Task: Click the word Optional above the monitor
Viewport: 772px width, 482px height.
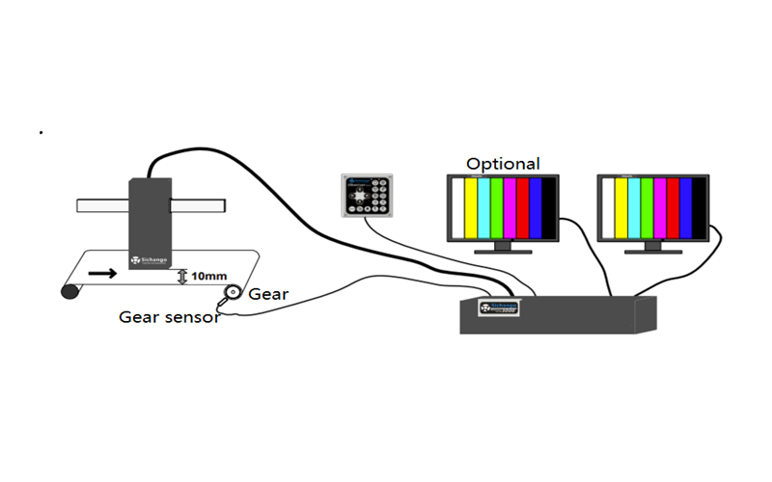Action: [503, 164]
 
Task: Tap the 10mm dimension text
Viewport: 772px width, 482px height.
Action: [209, 276]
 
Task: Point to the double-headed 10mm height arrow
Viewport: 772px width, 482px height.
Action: [183, 277]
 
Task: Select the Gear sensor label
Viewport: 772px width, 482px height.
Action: [169, 316]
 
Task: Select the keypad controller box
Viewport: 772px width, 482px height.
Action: [368, 195]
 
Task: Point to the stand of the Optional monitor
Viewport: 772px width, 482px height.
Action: [502, 246]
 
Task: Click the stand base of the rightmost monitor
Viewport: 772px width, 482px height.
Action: [652, 253]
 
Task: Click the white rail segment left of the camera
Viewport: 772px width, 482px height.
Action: [102, 204]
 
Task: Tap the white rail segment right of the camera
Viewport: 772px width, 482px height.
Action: [199, 204]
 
